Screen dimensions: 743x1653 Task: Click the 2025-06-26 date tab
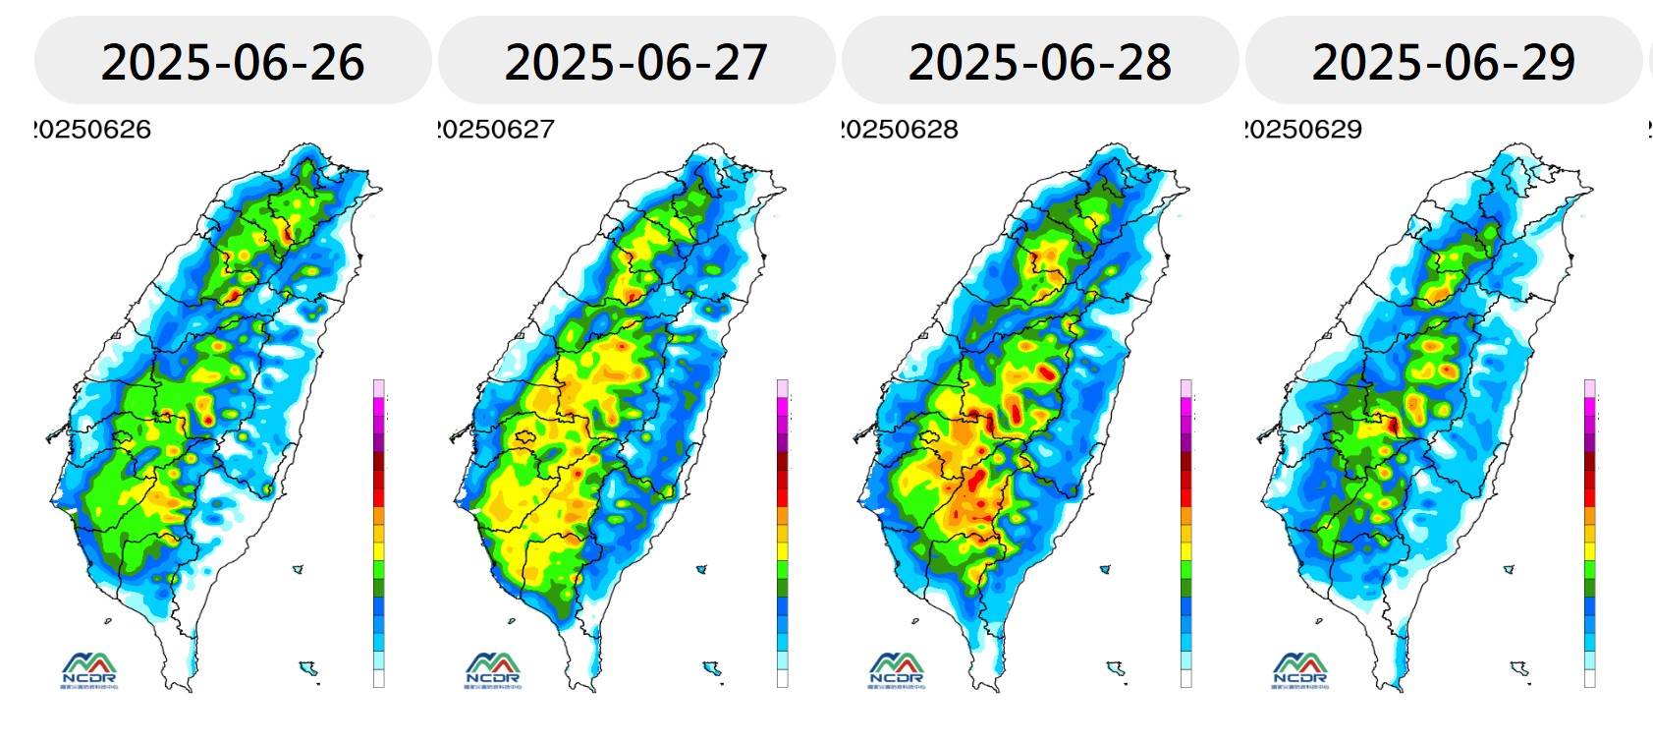(x=233, y=61)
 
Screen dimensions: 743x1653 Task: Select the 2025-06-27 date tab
(x=636, y=61)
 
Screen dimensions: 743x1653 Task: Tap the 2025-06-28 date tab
(x=1040, y=61)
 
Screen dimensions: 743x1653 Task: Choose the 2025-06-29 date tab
(x=1444, y=61)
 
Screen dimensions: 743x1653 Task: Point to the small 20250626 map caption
(x=93, y=130)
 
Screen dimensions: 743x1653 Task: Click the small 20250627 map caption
(x=497, y=130)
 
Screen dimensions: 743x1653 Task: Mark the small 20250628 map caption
(x=901, y=130)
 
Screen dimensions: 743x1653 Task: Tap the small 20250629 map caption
(x=1304, y=130)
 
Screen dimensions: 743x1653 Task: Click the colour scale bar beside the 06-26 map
(x=379, y=533)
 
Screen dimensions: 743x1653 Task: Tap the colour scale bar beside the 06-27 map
(x=783, y=533)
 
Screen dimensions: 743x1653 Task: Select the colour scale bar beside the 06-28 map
(x=1186, y=533)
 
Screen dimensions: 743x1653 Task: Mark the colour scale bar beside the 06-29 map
(x=1590, y=533)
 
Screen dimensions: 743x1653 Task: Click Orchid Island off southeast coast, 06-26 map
(x=309, y=669)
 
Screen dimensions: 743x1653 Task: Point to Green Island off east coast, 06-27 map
(x=701, y=568)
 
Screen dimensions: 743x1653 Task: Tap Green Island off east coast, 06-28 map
(x=1105, y=568)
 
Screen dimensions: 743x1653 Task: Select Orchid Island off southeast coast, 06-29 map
(x=1520, y=669)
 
